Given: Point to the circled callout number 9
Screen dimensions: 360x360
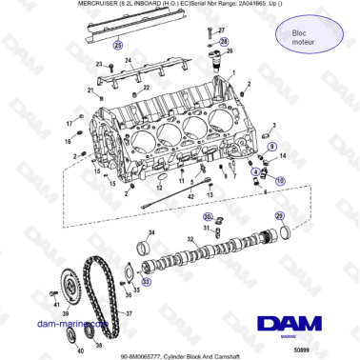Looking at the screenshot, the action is pyautogui.click(x=271, y=147).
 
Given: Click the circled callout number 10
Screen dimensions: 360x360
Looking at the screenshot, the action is pyautogui.click(x=279, y=178).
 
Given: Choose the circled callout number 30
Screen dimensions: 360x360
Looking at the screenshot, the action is pyautogui.click(x=207, y=217).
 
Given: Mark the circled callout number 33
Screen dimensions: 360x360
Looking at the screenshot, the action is pyautogui.click(x=146, y=282).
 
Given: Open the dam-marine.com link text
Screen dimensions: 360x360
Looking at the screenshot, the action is pyautogui.click(x=65, y=324).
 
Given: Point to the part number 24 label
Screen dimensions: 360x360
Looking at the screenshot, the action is pyautogui.click(x=127, y=60).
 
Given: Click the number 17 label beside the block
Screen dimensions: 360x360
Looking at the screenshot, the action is pyautogui.click(x=70, y=124).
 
